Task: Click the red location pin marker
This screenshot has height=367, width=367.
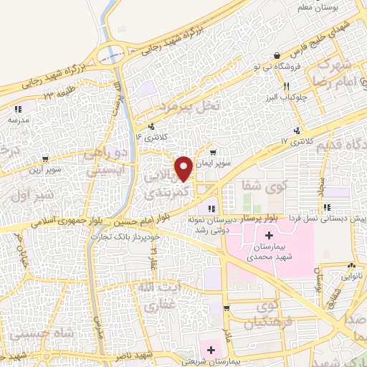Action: pyautogui.click(x=184, y=168)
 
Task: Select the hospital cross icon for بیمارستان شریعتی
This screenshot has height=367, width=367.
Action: pyautogui.click(x=211, y=350)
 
